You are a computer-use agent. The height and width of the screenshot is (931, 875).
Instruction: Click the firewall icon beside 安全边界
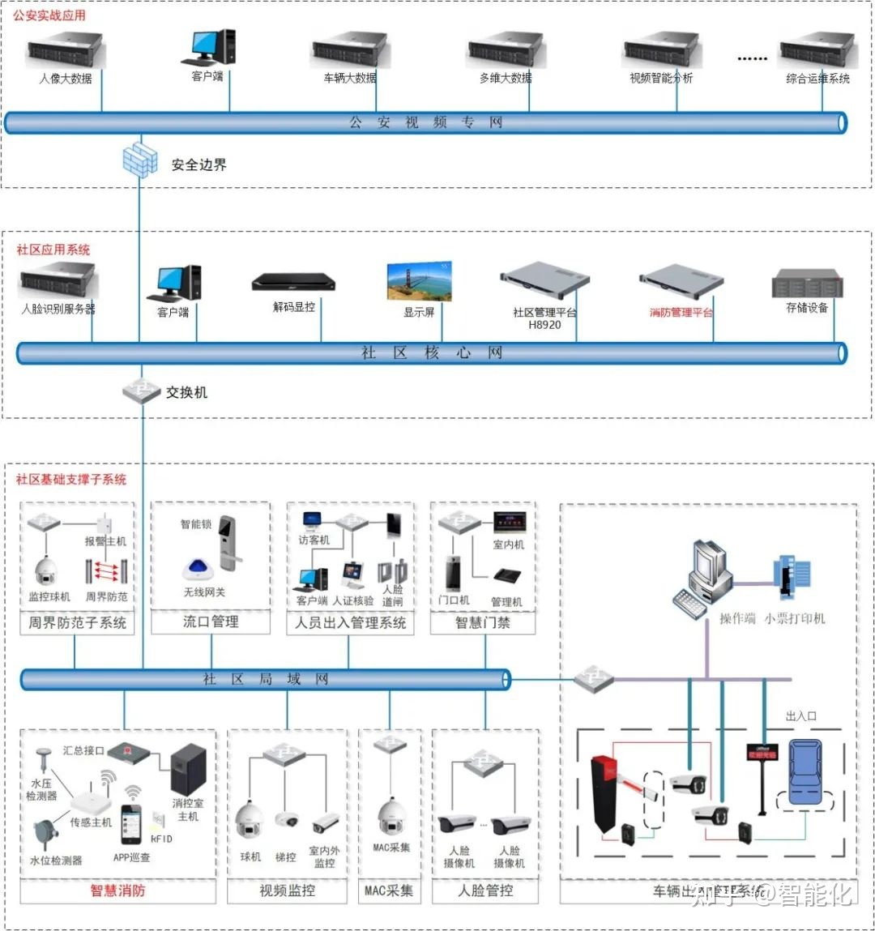[x=139, y=160]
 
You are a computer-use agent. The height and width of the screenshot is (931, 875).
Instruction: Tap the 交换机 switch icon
[x=142, y=391]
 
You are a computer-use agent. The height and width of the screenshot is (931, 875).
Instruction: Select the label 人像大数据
[x=66, y=79]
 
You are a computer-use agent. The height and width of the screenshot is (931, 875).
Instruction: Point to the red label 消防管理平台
[x=681, y=312]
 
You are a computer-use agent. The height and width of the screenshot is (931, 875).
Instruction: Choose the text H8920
[x=544, y=325]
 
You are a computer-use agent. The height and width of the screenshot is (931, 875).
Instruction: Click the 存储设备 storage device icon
[x=807, y=285]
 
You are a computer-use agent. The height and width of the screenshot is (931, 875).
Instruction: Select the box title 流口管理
[x=211, y=622]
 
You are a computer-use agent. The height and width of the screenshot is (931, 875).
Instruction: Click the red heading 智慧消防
[x=117, y=890]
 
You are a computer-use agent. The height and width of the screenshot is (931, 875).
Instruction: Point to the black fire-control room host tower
[x=188, y=769]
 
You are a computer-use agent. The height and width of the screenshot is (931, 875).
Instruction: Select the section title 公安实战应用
[x=49, y=15]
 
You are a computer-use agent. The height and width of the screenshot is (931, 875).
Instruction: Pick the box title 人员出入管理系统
[x=350, y=622]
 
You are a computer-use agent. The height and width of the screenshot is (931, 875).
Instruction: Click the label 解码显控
[x=293, y=307]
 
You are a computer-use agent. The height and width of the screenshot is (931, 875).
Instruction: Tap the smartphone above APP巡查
[x=131, y=825]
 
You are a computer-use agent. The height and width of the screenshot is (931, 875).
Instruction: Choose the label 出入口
[x=801, y=716]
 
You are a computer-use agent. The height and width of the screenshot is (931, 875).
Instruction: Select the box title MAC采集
[x=388, y=890]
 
